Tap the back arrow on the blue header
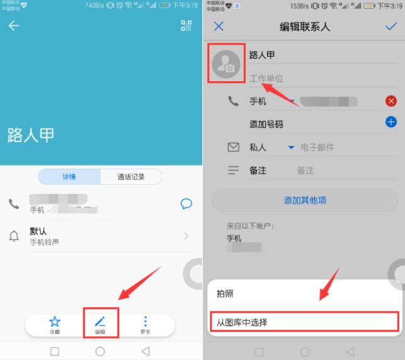13,26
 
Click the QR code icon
186,26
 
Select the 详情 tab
69,177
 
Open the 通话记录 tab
131,177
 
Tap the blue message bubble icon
186,203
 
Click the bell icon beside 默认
14,237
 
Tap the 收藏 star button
55,324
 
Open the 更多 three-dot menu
145,324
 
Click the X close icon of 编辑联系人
219,26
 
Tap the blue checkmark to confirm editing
391,26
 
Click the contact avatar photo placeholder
225,64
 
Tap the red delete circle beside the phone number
391,101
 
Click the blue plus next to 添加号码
391,123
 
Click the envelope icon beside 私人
233,147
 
